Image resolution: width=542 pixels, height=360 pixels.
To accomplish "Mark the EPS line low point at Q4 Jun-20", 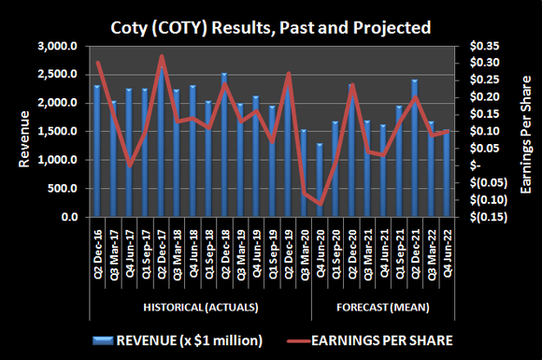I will [320, 203].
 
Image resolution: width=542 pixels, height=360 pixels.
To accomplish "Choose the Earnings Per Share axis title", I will [526, 131].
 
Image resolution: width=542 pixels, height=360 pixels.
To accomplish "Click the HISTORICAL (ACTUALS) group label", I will [200, 307].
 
